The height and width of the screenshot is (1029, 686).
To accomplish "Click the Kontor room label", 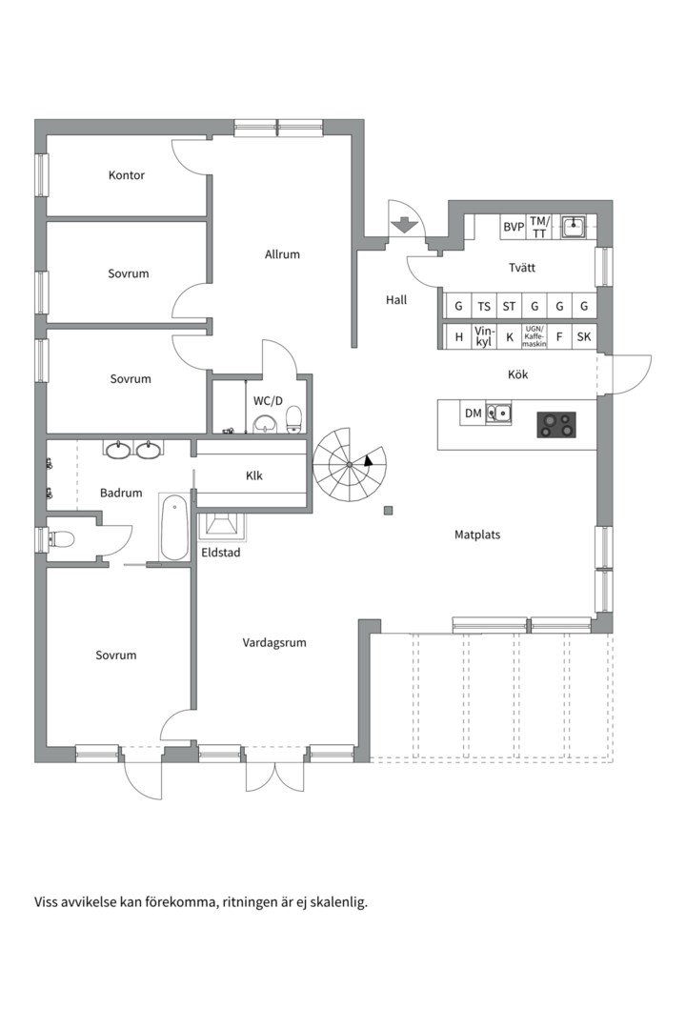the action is point(127,175).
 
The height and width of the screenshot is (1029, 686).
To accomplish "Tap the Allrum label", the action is point(282,254).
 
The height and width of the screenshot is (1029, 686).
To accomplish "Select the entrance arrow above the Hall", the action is point(404,225).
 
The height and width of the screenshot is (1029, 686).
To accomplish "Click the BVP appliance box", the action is point(514,227).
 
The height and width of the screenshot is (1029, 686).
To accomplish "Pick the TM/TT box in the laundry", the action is point(539,227).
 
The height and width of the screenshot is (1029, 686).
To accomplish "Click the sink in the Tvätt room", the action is point(574,227).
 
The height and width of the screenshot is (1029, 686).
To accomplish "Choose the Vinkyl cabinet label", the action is point(484,336).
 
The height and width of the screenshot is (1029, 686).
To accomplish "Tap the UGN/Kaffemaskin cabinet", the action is point(535,336).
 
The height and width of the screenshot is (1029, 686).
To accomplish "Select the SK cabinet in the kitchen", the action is point(584,336).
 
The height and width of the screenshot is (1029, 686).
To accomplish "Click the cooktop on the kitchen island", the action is point(556,425).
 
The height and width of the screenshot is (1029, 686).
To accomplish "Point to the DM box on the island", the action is point(474,414).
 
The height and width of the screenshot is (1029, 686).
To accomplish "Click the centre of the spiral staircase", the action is point(350,465).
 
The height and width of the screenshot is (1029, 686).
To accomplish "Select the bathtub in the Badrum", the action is point(174,528).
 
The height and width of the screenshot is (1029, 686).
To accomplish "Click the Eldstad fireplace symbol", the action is point(222,527).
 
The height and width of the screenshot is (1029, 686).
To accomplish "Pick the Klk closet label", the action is point(254,475).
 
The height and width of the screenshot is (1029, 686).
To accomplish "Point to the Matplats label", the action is point(477,535).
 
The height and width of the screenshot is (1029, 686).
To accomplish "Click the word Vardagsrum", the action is point(274,642).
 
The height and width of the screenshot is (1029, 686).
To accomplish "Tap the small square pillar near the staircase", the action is point(390,511).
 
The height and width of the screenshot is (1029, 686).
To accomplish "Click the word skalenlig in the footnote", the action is point(339,902).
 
